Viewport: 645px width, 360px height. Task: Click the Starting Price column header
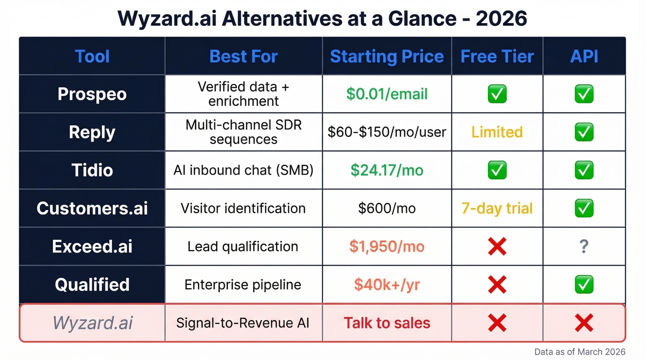[x=387, y=57]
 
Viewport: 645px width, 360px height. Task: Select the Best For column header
[x=243, y=57]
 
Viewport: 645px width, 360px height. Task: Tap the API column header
[x=584, y=57]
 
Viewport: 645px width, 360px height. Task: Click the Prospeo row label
[x=92, y=94]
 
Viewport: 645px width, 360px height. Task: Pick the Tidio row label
[x=92, y=170]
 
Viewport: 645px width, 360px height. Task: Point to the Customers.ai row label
[x=92, y=208]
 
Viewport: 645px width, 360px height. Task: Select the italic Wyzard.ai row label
[x=92, y=323]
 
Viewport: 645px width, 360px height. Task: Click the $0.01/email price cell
[x=387, y=94]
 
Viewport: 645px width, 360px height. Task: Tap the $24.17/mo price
[x=387, y=170]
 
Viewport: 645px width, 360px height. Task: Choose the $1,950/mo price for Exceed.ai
[x=387, y=247]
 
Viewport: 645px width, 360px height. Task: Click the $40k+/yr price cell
[x=387, y=284]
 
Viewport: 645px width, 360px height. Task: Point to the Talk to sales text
[x=387, y=323]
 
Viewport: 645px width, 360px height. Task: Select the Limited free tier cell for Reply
[x=497, y=132]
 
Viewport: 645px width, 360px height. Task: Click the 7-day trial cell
[x=497, y=208]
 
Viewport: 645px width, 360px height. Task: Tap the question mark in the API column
[x=584, y=247]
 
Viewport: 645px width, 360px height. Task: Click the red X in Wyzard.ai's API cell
[x=584, y=323]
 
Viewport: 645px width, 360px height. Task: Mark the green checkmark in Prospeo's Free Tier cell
[x=497, y=94]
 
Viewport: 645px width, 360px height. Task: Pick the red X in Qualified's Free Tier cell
[x=497, y=284]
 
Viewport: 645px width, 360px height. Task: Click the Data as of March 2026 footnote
[x=580, y=352]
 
